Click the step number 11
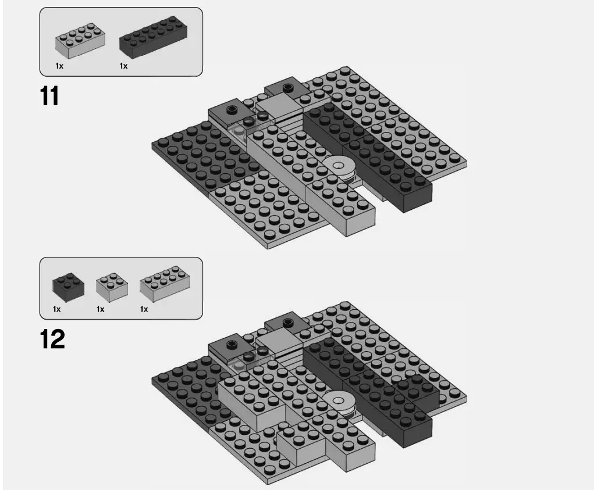(x=50, y=96)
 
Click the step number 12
(x=52, y=339)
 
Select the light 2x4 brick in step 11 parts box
(x=80, y=41)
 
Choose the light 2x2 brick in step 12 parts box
(x=112, y=285)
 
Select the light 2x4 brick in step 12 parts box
(x=164, y=283)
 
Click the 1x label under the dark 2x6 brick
(x=123, y=66)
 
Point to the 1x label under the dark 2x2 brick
(x=56, y=309)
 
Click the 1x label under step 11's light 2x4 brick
(x=59, y=66)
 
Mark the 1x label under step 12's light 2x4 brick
(x=144, y=309)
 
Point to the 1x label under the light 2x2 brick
(x=100, y=309)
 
